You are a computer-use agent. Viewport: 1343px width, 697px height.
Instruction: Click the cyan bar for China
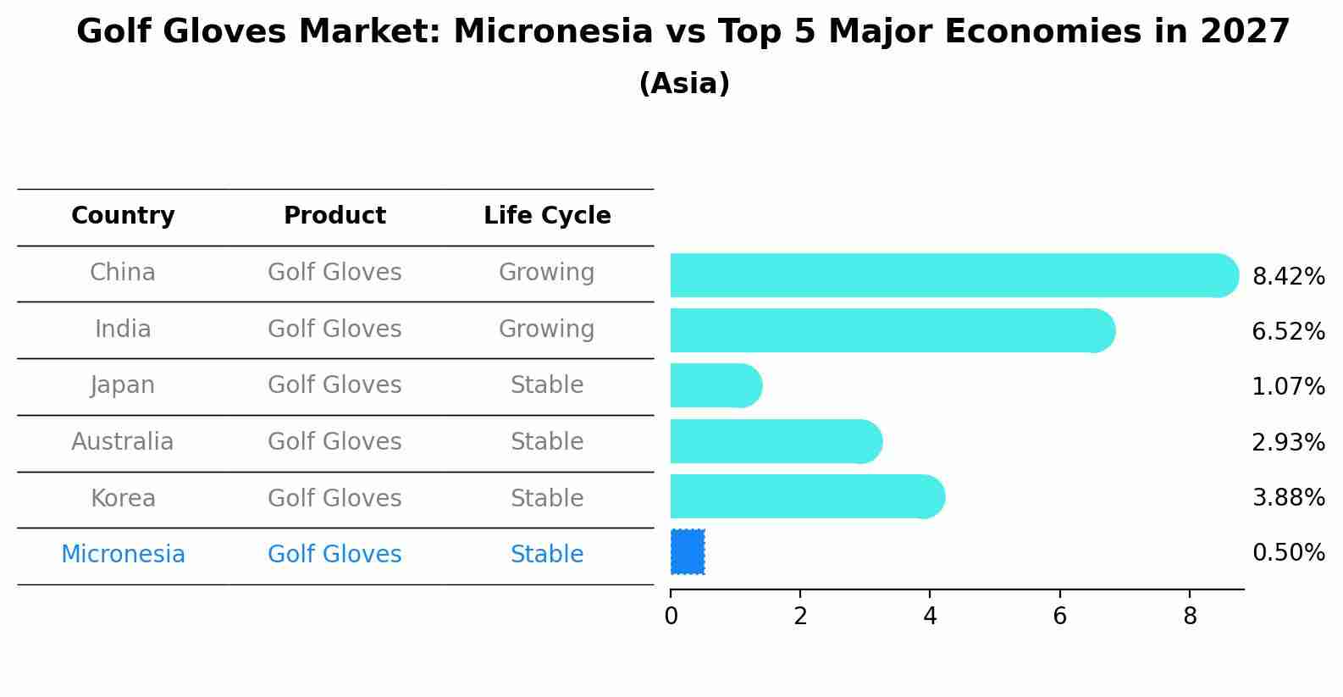pos(954,275)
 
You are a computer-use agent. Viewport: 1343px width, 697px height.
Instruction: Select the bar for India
pos(893,330)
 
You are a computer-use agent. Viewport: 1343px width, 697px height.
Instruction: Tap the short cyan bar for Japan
pos(716,385)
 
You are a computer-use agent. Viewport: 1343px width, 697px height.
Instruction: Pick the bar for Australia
pos(777,441)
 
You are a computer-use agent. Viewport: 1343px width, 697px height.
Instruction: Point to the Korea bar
pos(808,496)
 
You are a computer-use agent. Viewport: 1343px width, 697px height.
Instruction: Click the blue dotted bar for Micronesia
pos(688,552)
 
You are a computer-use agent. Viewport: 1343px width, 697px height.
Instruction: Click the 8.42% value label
pos(1289,277)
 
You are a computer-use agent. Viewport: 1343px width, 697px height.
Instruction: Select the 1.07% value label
pos(1289,386)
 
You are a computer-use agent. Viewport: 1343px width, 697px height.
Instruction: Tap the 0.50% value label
pos(1289,552)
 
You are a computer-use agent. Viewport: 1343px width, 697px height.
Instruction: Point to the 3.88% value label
pos(1289,497)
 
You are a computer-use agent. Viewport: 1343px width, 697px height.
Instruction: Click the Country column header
pos(123,215)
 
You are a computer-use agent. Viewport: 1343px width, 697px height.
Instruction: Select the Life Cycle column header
pos(547,215)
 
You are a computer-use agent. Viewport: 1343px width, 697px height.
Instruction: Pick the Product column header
pos(334,215)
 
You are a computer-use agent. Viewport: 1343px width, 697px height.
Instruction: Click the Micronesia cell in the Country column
pos(123,554)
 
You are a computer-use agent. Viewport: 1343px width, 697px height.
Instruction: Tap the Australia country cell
pos(123,441)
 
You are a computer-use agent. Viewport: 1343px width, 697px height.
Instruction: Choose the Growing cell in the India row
pos(547,329)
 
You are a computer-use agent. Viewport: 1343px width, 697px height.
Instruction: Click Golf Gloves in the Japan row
pos(334,385)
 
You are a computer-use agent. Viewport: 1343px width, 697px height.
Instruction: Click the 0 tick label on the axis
pos(671,617)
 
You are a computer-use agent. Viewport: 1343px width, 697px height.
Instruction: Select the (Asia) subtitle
pos(685,83)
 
